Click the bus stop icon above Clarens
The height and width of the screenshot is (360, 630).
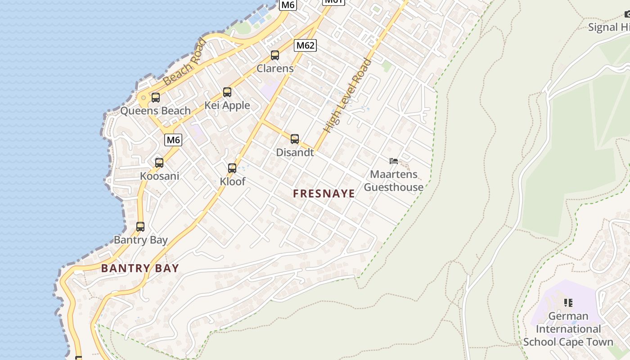click(x=274, y=55)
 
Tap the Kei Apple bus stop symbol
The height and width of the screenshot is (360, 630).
click(x=227, y=92)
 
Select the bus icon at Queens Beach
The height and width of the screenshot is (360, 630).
click(x=156, y=97)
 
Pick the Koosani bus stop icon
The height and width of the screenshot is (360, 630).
click(x=159, y=163)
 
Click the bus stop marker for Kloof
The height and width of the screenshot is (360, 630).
click(x=232, y=168)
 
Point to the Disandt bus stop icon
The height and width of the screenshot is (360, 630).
click(x=295, y=139)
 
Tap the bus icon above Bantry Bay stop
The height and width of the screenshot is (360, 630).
click(x=140, y=227)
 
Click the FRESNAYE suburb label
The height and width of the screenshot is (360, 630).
click(x=324, y=194)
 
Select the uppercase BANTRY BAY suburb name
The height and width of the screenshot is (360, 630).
click(x=140, y=269)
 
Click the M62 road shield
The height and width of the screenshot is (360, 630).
click(x=306, y=45)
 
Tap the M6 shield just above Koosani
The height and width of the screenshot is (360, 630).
click(x=173, y=140)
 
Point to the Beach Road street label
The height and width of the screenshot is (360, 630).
click(x=185, y=63)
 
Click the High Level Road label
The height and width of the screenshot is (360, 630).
click(x=348, y=96)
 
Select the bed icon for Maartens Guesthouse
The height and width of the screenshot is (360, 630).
click(x=394, y=161)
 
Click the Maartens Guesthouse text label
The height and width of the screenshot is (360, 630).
click(x=394, y=181)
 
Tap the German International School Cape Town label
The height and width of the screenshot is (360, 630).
click(x=568, y=329)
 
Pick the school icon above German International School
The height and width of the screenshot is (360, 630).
click(x=568, y=303)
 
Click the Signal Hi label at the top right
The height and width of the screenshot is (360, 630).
click(x=609, y=27)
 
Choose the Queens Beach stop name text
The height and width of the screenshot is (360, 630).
click(x=155, y=111)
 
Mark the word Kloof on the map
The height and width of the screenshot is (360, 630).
click(x=233, y=182)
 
